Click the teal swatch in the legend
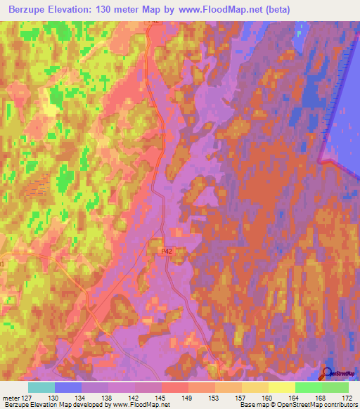pos(41,387)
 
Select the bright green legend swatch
pos(309,387)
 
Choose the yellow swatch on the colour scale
pos(282,387)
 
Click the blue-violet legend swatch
pos(68,387)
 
